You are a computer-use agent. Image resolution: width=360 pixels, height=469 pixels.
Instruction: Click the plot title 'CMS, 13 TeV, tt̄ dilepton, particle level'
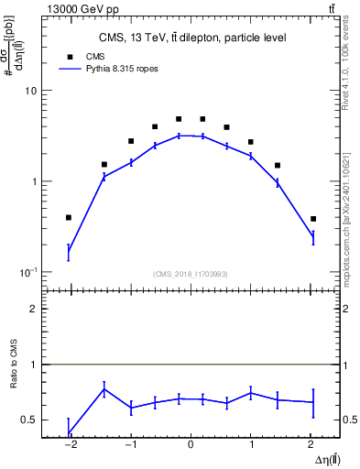(x=192, y=38)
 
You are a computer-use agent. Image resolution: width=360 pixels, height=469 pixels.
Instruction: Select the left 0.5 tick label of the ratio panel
(x=28, y=420)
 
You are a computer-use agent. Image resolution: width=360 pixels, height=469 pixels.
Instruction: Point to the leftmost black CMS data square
(x=69, y=217)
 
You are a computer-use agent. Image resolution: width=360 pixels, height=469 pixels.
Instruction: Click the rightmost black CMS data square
(x=313, y=219)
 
